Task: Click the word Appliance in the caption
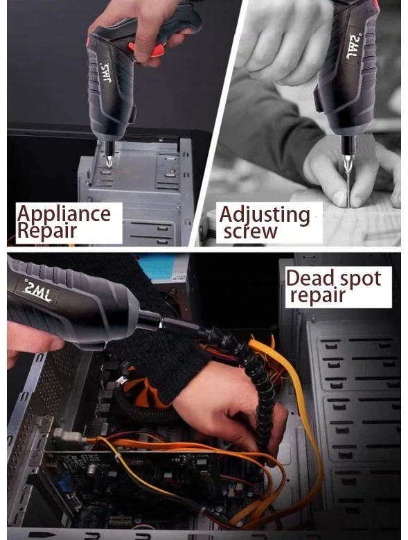coord(64,215)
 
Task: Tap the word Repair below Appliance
coord(47,230)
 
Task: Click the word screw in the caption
coord(250,232)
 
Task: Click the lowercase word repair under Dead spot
coord(317,295)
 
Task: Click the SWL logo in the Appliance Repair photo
coord(105,73)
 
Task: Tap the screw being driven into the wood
coord(350,190)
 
